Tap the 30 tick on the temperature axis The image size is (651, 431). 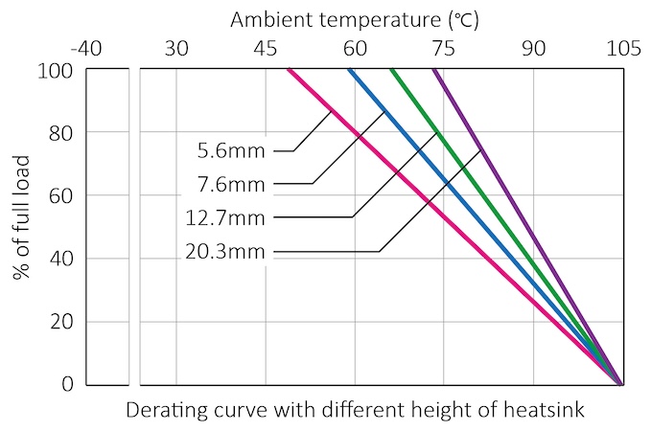click(175, 47)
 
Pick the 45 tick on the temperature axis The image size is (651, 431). click(266, 47)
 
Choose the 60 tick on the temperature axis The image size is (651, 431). click(355, 47)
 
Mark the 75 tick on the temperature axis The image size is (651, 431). click(444, 47)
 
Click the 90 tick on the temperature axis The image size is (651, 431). click(533, 47)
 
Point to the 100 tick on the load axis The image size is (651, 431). click(58, 70)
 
